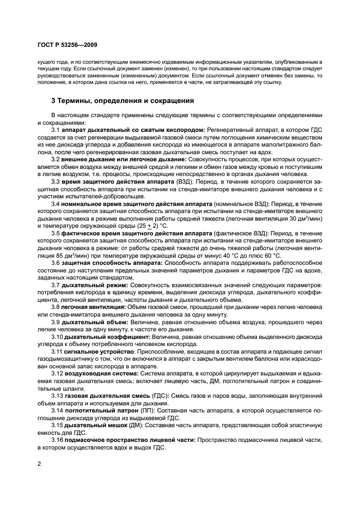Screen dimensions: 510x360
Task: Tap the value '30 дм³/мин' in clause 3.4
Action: (x=305, y=217)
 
